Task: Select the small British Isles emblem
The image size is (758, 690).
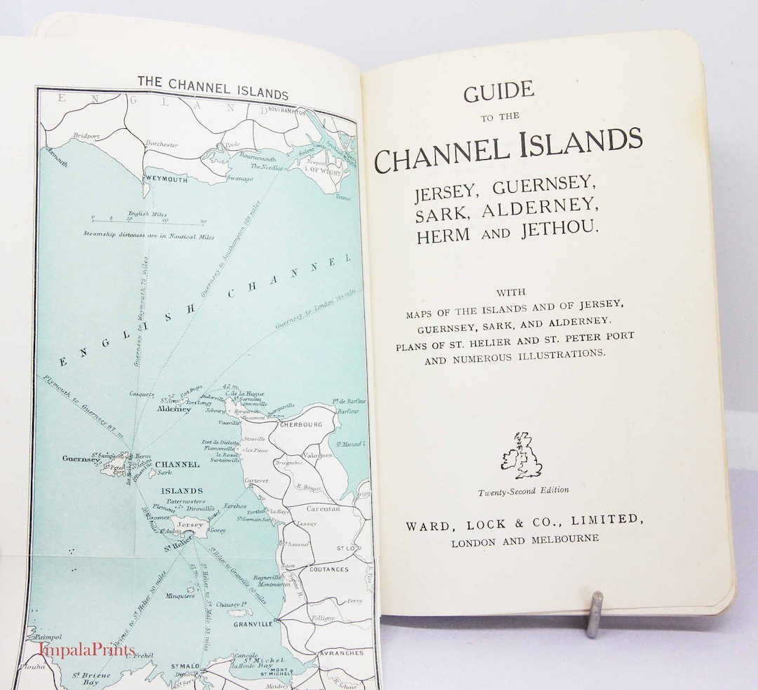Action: coord(521,455)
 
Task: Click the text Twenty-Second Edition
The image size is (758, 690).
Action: coord(524,491)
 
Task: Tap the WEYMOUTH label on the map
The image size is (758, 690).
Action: coord(166,179)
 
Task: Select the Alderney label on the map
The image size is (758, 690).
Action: coord(174,409)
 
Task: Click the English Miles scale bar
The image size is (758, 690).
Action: coord(147,219)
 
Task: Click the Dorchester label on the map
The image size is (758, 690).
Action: coord(161,144)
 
